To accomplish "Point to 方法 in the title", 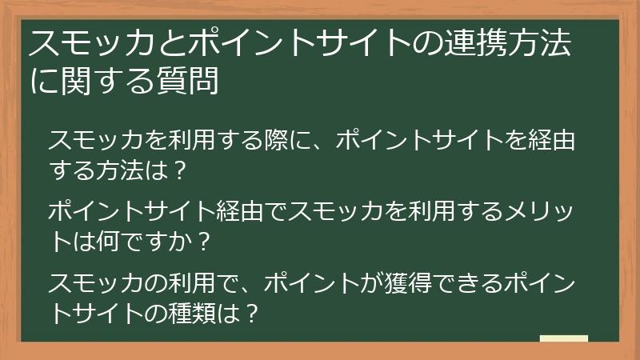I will tap(544, 43).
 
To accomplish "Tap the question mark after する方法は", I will tap(180, 170).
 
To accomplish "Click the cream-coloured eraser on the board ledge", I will tap(563, 338).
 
